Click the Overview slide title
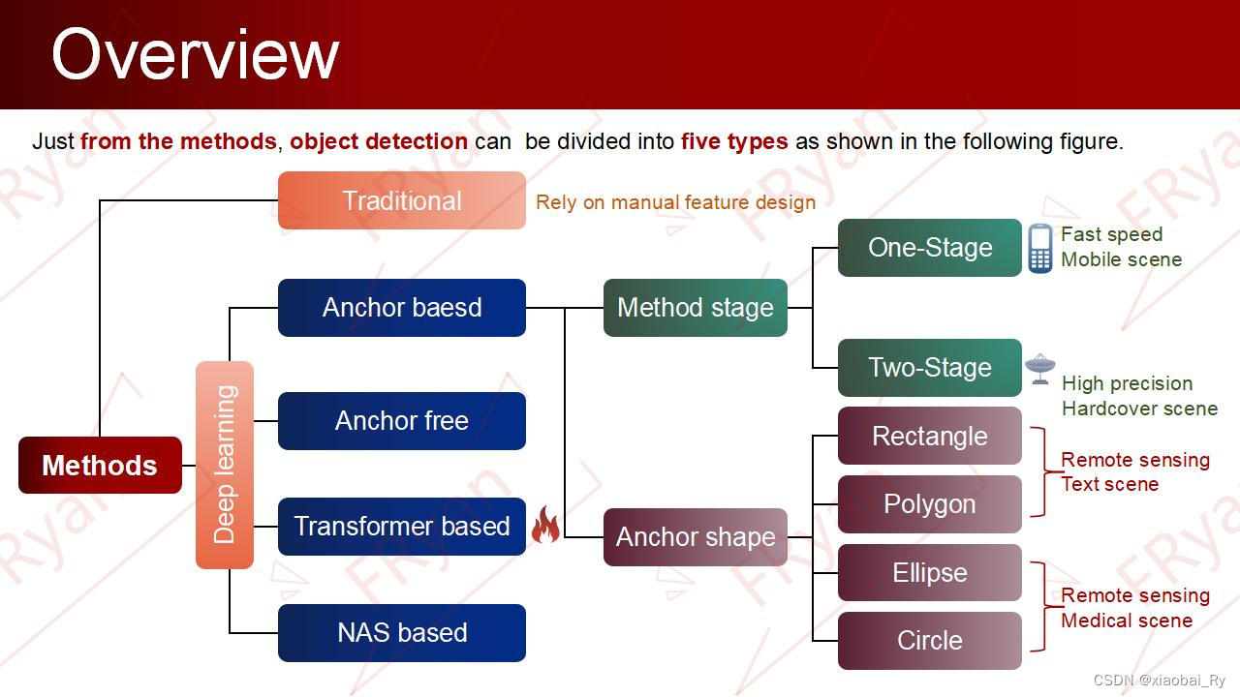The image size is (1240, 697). pos(195,54)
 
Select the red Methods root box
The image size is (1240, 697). pos(100,466)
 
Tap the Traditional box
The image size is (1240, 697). pos(401,200)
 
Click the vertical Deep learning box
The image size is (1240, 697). pos(225,465)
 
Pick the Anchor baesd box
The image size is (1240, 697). pos(401,308)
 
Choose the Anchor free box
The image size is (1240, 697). pos(401,421)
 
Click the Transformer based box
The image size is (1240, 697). pos(401,527)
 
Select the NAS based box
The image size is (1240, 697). pos(401,633)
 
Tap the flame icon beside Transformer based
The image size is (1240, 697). pos(545,526)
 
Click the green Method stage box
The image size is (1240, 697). pos(695,308)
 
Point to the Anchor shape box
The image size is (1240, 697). pos(695,537)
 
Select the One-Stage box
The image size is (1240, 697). pos(929,248)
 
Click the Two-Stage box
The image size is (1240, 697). pos(929,368)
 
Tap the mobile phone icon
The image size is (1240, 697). pos(1039,249)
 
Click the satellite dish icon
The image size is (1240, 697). pos(1039,368)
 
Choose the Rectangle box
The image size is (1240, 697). pos(929,436)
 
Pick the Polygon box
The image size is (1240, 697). pos(929,504)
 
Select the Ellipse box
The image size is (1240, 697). pos(929,573)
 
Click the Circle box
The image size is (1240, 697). pos(929,641)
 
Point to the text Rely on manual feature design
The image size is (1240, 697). pos(675,202)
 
